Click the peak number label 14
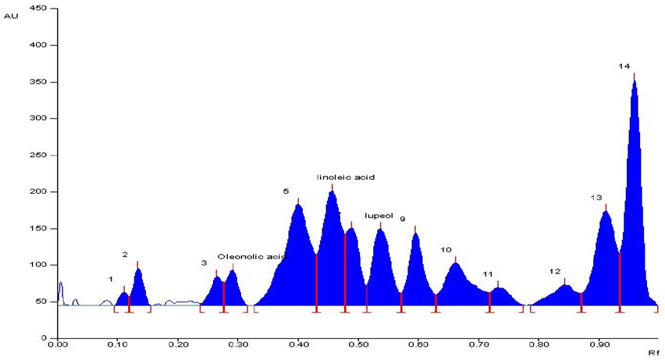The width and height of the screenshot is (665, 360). [x=624, y=66]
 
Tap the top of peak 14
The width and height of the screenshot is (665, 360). [x=634, y=76]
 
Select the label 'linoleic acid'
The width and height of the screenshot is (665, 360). [x=346, y=177]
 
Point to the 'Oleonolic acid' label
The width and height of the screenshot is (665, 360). [x=251, y=256]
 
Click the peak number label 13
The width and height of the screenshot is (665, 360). [x=596, y=198]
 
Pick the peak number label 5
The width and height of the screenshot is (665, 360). [x=286, y=191]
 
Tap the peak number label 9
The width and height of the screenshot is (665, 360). [x=403, y=219]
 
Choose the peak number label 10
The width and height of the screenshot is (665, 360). [x=446, y=250]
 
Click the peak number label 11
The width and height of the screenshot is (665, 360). [x=488, y=275]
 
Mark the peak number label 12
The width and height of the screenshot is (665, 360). [x=555, y=272]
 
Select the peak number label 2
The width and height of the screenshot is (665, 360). [x=125, y=255]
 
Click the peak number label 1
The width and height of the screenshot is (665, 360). [x=111, y=279]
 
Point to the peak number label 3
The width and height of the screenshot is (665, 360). [x=204, y=263]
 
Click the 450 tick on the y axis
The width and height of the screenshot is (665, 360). [x=38, y=9]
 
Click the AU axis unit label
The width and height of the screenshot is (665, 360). [x=10, y=16]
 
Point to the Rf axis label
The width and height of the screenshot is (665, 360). [x=654, y=353]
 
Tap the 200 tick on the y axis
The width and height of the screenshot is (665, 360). [x=38, y=191]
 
